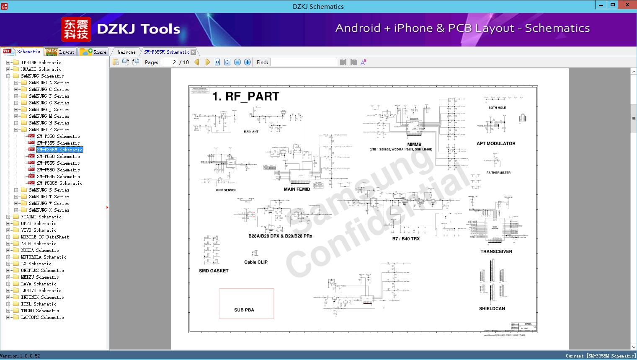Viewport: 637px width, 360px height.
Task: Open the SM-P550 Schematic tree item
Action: [x=58, y=156]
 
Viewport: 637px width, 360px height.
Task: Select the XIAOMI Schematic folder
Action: [x=41, y=217]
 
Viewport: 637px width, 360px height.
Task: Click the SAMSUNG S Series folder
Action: [x=49, y=190]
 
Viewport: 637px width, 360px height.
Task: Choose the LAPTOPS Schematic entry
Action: [x=42, y=317]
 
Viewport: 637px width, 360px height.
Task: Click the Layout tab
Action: [x=60, y=52]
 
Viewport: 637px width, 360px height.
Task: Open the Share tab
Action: [x=93, y=52]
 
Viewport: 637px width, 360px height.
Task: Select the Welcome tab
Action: [x=126, y=52]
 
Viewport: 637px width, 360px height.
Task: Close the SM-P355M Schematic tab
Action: [x=193, y=52]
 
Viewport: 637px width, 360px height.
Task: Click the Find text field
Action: [x=304, y=62]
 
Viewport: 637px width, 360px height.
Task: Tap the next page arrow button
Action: [x=207, y=62]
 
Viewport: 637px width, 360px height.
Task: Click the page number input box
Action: [x=169, y=62]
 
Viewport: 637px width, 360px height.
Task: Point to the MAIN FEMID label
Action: [x=297, y=189]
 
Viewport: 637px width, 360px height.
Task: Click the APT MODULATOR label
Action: [x=496, y=143]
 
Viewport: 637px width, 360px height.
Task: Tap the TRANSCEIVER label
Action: [x=496, y=251]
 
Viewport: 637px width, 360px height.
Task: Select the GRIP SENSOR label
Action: [x=226, y=190]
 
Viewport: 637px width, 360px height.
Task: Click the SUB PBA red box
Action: [x=246, y=303]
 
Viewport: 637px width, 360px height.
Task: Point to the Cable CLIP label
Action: [x=256, y=262]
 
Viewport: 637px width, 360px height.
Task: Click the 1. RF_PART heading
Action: [x=246, y=96]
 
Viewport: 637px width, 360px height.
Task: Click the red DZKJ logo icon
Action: [x=76, y=29]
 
